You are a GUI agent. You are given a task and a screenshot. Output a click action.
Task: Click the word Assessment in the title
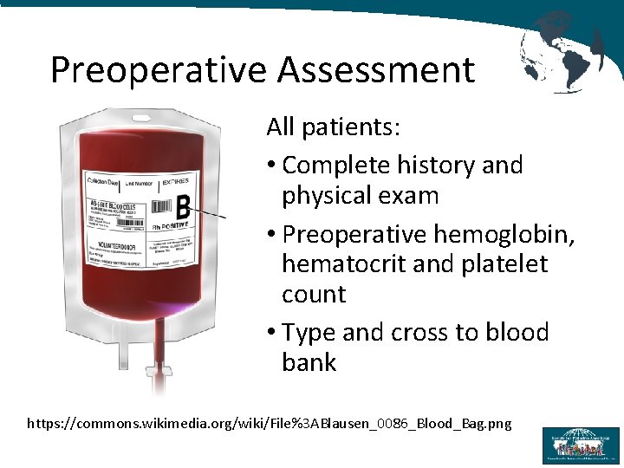tap(377, 70)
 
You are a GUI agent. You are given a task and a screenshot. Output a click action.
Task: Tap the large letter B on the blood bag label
tap(182, 208)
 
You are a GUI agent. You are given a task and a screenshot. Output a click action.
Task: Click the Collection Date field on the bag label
tap(101, 183)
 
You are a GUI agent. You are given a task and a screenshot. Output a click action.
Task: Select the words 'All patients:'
tap(333, 127)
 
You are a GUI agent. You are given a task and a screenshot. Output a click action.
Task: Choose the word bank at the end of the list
tap(309, 361)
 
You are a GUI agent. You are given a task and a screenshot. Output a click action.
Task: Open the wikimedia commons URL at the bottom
tap(270, 423)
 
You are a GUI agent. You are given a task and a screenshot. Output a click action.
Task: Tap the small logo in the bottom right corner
tap(581, 445)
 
